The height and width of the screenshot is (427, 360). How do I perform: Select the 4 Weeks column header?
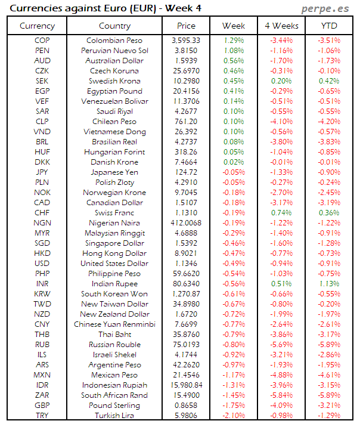[x=281, y=26]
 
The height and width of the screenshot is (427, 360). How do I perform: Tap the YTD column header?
[x=328, y=26]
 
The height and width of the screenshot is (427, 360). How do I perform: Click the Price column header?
[x=186, y=26]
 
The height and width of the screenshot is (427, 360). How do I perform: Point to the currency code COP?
[x=42, y=41]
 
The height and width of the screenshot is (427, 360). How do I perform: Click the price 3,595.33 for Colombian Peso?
[x=186, y=41]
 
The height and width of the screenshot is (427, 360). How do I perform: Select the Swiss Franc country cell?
[x=114, y=213]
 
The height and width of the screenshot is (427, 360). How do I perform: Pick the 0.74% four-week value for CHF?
[x=281, y=213]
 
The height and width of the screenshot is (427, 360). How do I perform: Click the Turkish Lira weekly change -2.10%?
[x=234, y=416]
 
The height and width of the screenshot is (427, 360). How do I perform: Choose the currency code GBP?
[x=42, y=406]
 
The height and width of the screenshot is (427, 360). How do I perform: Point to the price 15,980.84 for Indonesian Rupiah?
[x=186, y=385]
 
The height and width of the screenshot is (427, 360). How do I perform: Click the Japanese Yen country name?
[x=114, y=172]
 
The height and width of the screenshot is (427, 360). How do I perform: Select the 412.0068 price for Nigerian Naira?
[x=186, y=223]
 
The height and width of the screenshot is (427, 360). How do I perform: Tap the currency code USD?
[x=42, y=264]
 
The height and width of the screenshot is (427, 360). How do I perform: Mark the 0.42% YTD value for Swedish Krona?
[x=329, y=81]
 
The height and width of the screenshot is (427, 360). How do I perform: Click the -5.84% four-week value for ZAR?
[x=281, y=395]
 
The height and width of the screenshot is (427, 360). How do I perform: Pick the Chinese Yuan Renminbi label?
[x=114, y=324]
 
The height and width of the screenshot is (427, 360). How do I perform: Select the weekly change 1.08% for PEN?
[x=234, y=51]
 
